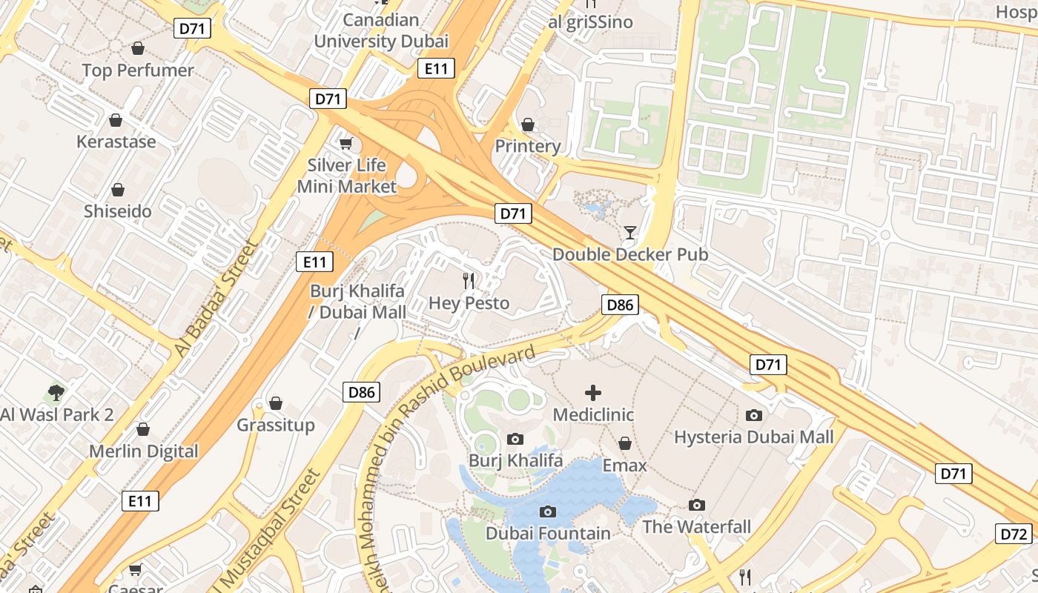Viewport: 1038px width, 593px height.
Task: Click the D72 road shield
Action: (x=1014, y=534)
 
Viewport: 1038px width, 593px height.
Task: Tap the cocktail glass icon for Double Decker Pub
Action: (x=630, y=233)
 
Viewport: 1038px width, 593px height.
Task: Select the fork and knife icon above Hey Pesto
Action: (x=469, y=281)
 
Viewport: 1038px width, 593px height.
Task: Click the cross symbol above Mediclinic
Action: (x=593, y=393)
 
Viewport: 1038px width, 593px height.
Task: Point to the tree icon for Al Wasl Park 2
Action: (x=56, y=392)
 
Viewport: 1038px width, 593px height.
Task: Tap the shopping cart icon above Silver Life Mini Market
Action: (x=346, y=143)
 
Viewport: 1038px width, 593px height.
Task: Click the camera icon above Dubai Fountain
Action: (x=548, y=511)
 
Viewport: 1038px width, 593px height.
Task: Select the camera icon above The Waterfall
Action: (x=696, y=505)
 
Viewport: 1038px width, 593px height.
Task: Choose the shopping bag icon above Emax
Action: (x=625, y=443)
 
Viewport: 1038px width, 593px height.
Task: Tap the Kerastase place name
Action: (x=116, y=142)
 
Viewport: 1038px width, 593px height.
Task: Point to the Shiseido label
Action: (x=117, y=211)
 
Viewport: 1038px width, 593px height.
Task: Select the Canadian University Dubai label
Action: (x=381, y=30)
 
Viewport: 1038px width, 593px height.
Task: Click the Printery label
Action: (x=528, y=146)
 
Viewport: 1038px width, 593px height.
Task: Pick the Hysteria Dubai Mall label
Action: (x=754, y=437)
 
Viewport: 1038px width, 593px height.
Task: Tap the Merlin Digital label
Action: (x=144, y=451)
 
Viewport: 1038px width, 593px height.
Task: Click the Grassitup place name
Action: (x=276, y=425)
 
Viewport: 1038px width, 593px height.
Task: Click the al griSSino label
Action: (x=591, y=22)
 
